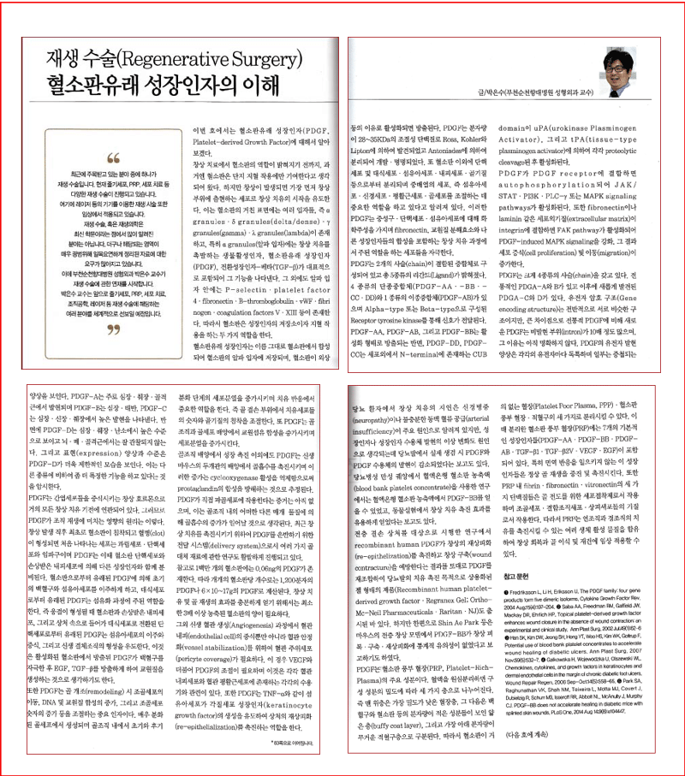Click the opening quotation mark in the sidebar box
pyautogui.click(x=111, y=157)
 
